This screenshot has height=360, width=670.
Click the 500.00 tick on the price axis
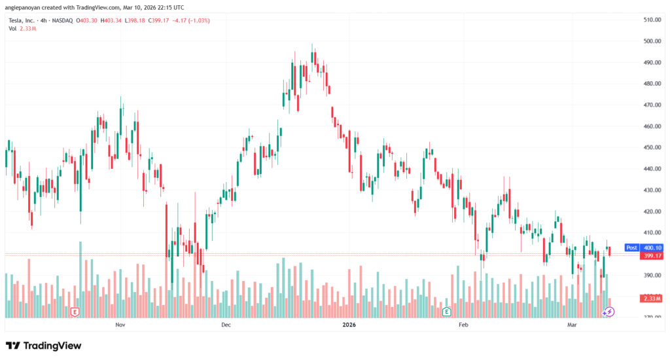pos(650,41)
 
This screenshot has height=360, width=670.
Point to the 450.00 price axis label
pos(650,147)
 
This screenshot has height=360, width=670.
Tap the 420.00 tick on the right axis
pos(650,211)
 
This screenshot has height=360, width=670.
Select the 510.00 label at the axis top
pos(650,20)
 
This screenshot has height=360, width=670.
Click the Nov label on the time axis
pos(120,325)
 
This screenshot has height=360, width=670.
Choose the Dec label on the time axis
pos(226,325)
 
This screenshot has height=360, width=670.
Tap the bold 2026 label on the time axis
pos(349,325)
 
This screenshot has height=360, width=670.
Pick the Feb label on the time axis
pos(464,325)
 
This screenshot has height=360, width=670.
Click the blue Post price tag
pos(632,247)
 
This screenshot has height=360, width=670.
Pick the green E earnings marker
pos(447,312)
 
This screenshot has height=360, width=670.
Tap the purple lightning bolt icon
pos(608,312)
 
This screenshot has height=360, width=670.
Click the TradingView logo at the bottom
pos(43,345)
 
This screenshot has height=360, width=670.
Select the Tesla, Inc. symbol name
pos(22,21)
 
